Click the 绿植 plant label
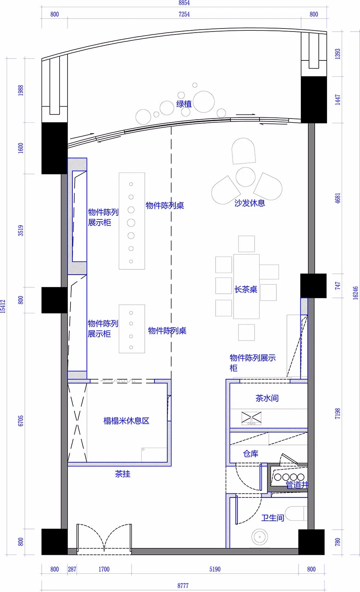tap(184, 104)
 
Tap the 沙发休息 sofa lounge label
tap(249, 203)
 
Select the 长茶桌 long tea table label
tap(246, 289)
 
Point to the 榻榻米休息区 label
tap(126, 421)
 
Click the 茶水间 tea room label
tap(267, 398)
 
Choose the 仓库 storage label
tap(250, 454)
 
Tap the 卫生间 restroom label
tap(272, 518)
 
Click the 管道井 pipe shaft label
tap(297, 485)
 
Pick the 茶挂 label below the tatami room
tap(123, 474)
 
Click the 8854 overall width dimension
tap(184, 3)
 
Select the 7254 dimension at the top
tap(184, 14)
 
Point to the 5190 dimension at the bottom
tap(215, 569)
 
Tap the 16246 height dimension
tap(355, 293)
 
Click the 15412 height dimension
tap(3, 306)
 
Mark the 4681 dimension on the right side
tap(337, 198)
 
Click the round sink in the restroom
tap(259, 537)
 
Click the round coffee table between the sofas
tap(246, 177)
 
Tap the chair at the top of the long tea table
tap(246, 244)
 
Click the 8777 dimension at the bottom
tap(183, 586)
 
